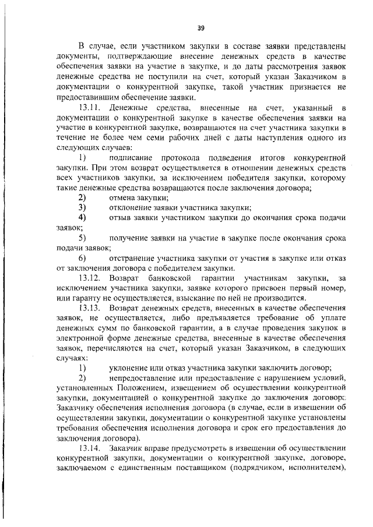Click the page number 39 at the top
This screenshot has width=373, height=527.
(x=200, y=28)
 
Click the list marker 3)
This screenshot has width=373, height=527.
(x=82, y=207)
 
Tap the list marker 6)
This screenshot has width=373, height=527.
(x=82, y=258)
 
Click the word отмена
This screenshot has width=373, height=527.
(x=122, y=197)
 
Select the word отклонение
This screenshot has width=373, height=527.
(x=132, y=207)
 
